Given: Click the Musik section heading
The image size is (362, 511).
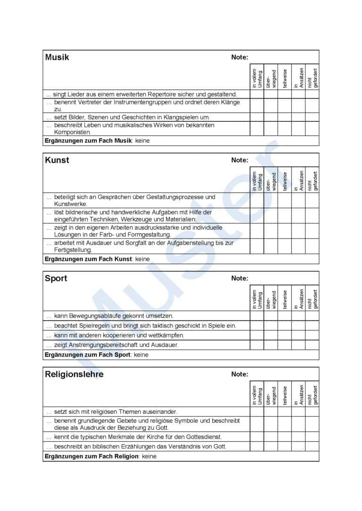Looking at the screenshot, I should pos(57,57).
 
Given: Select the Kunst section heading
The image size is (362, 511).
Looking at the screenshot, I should pos(57,160).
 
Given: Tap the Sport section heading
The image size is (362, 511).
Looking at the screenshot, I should pos(56,278).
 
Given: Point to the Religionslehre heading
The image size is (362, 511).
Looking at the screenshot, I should pos(74,374).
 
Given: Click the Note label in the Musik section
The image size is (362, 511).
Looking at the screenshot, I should pos(239,57).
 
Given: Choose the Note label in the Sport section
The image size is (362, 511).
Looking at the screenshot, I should pos(239,278).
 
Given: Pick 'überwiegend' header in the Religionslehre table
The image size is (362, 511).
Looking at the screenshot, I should pos(271,394).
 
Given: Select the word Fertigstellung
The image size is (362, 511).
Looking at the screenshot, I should pos(73,250).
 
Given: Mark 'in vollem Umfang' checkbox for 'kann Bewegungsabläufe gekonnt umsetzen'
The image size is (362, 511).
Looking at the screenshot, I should pos(257,316).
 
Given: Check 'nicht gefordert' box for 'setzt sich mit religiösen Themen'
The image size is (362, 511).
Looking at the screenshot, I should pos(312,411).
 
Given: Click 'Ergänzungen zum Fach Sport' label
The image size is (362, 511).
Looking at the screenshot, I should pos(87,355).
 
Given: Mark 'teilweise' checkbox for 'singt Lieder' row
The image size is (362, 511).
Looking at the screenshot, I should pos(285,94).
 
